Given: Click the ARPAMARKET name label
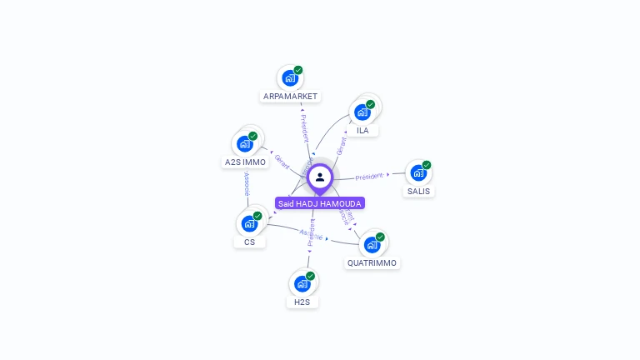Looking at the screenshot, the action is click(x=290, y=97).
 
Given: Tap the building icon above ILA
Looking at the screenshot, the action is click(x=362, y=112).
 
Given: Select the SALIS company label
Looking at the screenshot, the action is click(x=418, y=192).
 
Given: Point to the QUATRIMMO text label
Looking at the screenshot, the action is click(x=372, y=263).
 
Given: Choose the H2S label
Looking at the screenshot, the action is click(x=302, y=302).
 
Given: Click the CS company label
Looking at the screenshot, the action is click(x=249, y=242).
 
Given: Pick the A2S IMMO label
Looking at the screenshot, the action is click(x=245, y=162).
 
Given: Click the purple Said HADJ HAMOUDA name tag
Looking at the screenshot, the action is click(x=320, y=203).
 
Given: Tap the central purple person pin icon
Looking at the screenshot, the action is click(x=320, y=177).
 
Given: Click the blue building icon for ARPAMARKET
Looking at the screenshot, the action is click(x=290, y=78).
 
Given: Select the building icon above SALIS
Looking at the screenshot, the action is click(x=418, y=172).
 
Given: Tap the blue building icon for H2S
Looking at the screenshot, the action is click(x=302, y=283).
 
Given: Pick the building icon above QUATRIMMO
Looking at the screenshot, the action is click(x=372, y=245).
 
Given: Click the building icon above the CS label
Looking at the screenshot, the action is click(x=249, y=223).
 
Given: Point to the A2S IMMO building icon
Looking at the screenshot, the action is click(x=245, y=143).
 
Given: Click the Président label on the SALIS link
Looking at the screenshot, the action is click(x=369, y=177).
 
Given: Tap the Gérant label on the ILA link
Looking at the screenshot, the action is click(x=341, y=146).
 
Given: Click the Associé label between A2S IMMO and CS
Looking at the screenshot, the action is click(x=247, y=185).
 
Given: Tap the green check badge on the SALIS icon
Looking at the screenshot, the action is click(x=427, y=165).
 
